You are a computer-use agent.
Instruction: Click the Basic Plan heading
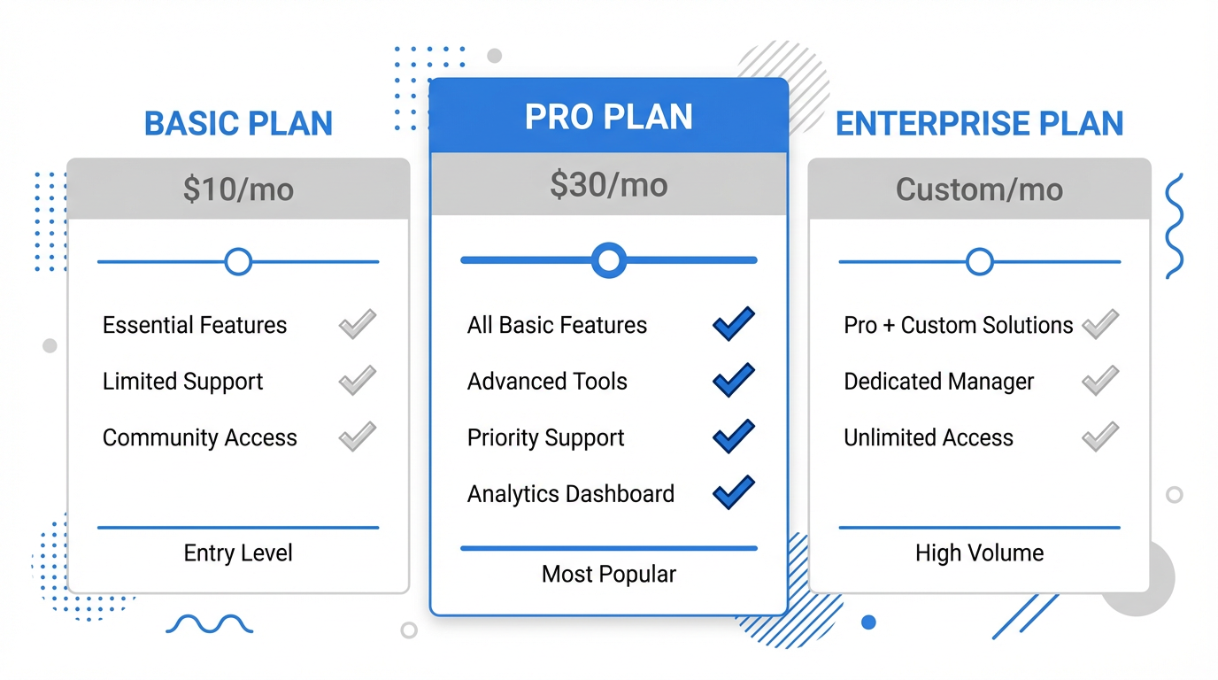[238, 123]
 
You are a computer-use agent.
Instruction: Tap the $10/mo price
[238, 189]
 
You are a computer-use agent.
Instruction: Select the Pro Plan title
[608, 116]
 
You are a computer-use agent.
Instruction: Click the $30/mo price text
[608, 184]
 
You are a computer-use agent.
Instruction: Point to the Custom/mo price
[979, 189]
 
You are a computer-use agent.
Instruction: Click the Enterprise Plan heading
[979, 123]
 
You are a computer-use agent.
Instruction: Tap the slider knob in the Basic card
[238, 262]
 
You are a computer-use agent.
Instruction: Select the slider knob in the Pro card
[608, 260]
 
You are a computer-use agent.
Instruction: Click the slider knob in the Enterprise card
[979, 262]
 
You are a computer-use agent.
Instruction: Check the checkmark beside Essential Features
[358, 324]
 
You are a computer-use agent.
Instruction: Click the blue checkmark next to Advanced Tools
[734, 380]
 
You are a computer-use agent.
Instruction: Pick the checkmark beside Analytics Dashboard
[734, 492]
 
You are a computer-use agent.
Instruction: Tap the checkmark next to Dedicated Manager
[1100, 380]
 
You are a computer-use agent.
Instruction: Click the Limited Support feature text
[182, 382]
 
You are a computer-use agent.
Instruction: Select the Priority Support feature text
[545, 438]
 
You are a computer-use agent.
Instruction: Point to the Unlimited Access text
[929, 437]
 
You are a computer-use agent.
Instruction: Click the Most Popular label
[608, 575]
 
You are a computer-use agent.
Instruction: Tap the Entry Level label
[238, 553]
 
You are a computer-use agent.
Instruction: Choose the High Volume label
[979, 553]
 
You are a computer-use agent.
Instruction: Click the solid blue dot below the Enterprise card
[869, 622]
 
